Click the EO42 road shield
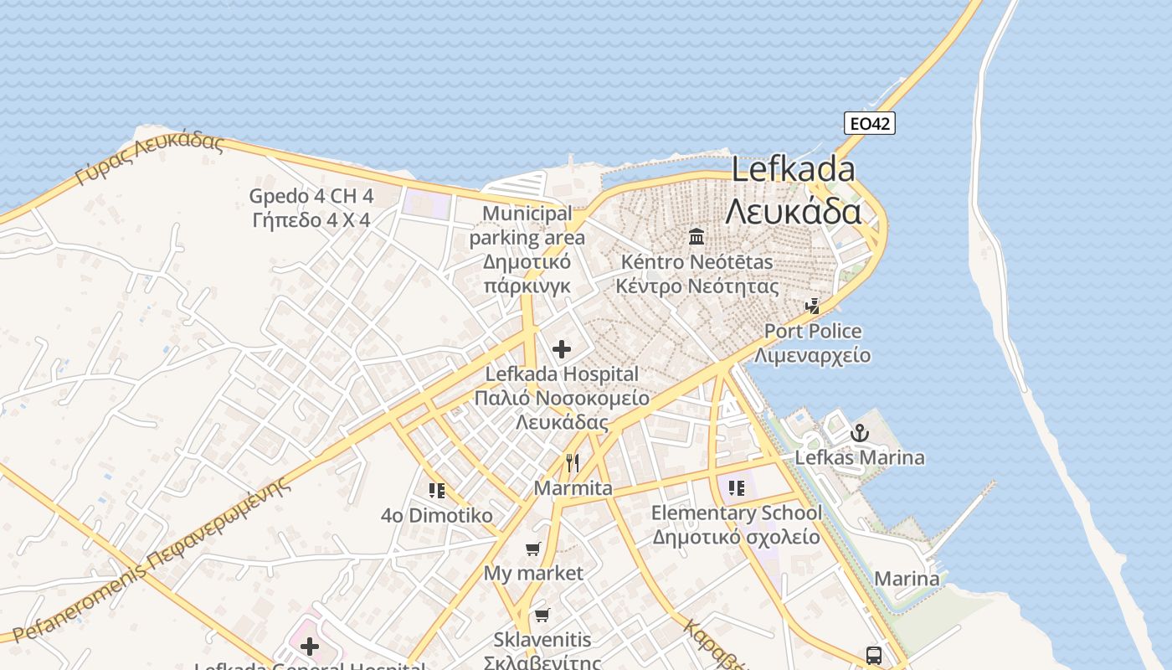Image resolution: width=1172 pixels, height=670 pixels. pyautogui.click(x=869, y=124)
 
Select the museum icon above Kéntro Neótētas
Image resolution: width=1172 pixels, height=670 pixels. pyautogui.click(x=697, y=237)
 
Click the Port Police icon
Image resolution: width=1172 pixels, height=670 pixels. pyautogui.click(x=811, y=307)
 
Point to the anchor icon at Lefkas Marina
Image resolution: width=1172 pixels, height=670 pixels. pyautogui.click(x=859, y=434)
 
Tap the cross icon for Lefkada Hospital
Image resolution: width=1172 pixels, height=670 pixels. pyautogui.click(x=562, y=349)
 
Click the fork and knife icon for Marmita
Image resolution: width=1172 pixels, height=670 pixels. pyautogui.click(x=573, y=463)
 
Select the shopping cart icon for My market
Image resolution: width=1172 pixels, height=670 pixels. pyautogui.click(x=533, y=549)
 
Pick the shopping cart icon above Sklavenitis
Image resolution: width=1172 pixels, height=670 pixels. pyautogui.click(x=542, y=616)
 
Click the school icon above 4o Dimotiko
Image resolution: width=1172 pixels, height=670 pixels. pyautogui.click(x=436, y=491)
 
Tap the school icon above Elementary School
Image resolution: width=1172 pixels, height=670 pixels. pyautogui.click(x=736, y=488)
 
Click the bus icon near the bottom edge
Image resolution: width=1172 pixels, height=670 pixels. pyautogui.click(x=873, y=655)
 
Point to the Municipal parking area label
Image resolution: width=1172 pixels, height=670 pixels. pyautogui.click(x=527, y=250)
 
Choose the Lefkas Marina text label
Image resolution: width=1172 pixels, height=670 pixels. pyautogui.click(x=860, y=458)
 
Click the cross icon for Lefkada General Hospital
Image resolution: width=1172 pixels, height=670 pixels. pyautogui.click(x=310, y=646)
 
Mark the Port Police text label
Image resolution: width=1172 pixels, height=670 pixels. pyautogui.click(x=813, y=332)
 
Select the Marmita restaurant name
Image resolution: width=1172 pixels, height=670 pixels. pyautogui.click(x=573, y=488)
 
